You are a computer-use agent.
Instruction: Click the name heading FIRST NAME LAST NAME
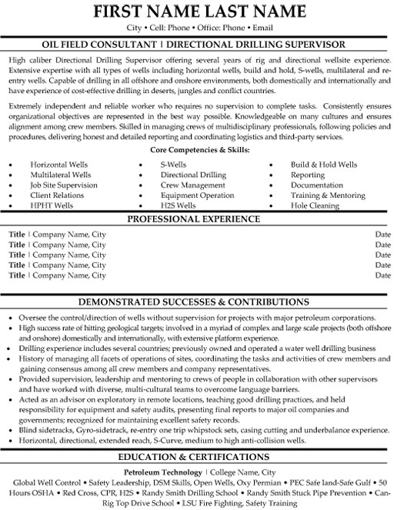pyautogui.click(x=202, y=14)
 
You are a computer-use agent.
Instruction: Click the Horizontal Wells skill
pyautogui.click(x=59, y=165)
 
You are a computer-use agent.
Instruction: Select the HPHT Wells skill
pyautogui.click(x=52, y=206)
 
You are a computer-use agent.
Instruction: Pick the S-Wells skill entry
pyautogui.click(x=175, y=165)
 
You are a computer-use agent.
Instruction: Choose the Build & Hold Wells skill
pyautogui.click(x=324, y=165)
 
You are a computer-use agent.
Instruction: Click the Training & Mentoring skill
pyautogui.click(x=328, y=196)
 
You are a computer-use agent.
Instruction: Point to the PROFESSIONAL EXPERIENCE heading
pyautogui.click(x=202, y=219)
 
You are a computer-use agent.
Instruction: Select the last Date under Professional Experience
pyautogui.click(x=382, y=275)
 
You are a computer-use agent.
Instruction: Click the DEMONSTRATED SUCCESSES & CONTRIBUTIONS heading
pyautogui.click(x=202, y=302)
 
